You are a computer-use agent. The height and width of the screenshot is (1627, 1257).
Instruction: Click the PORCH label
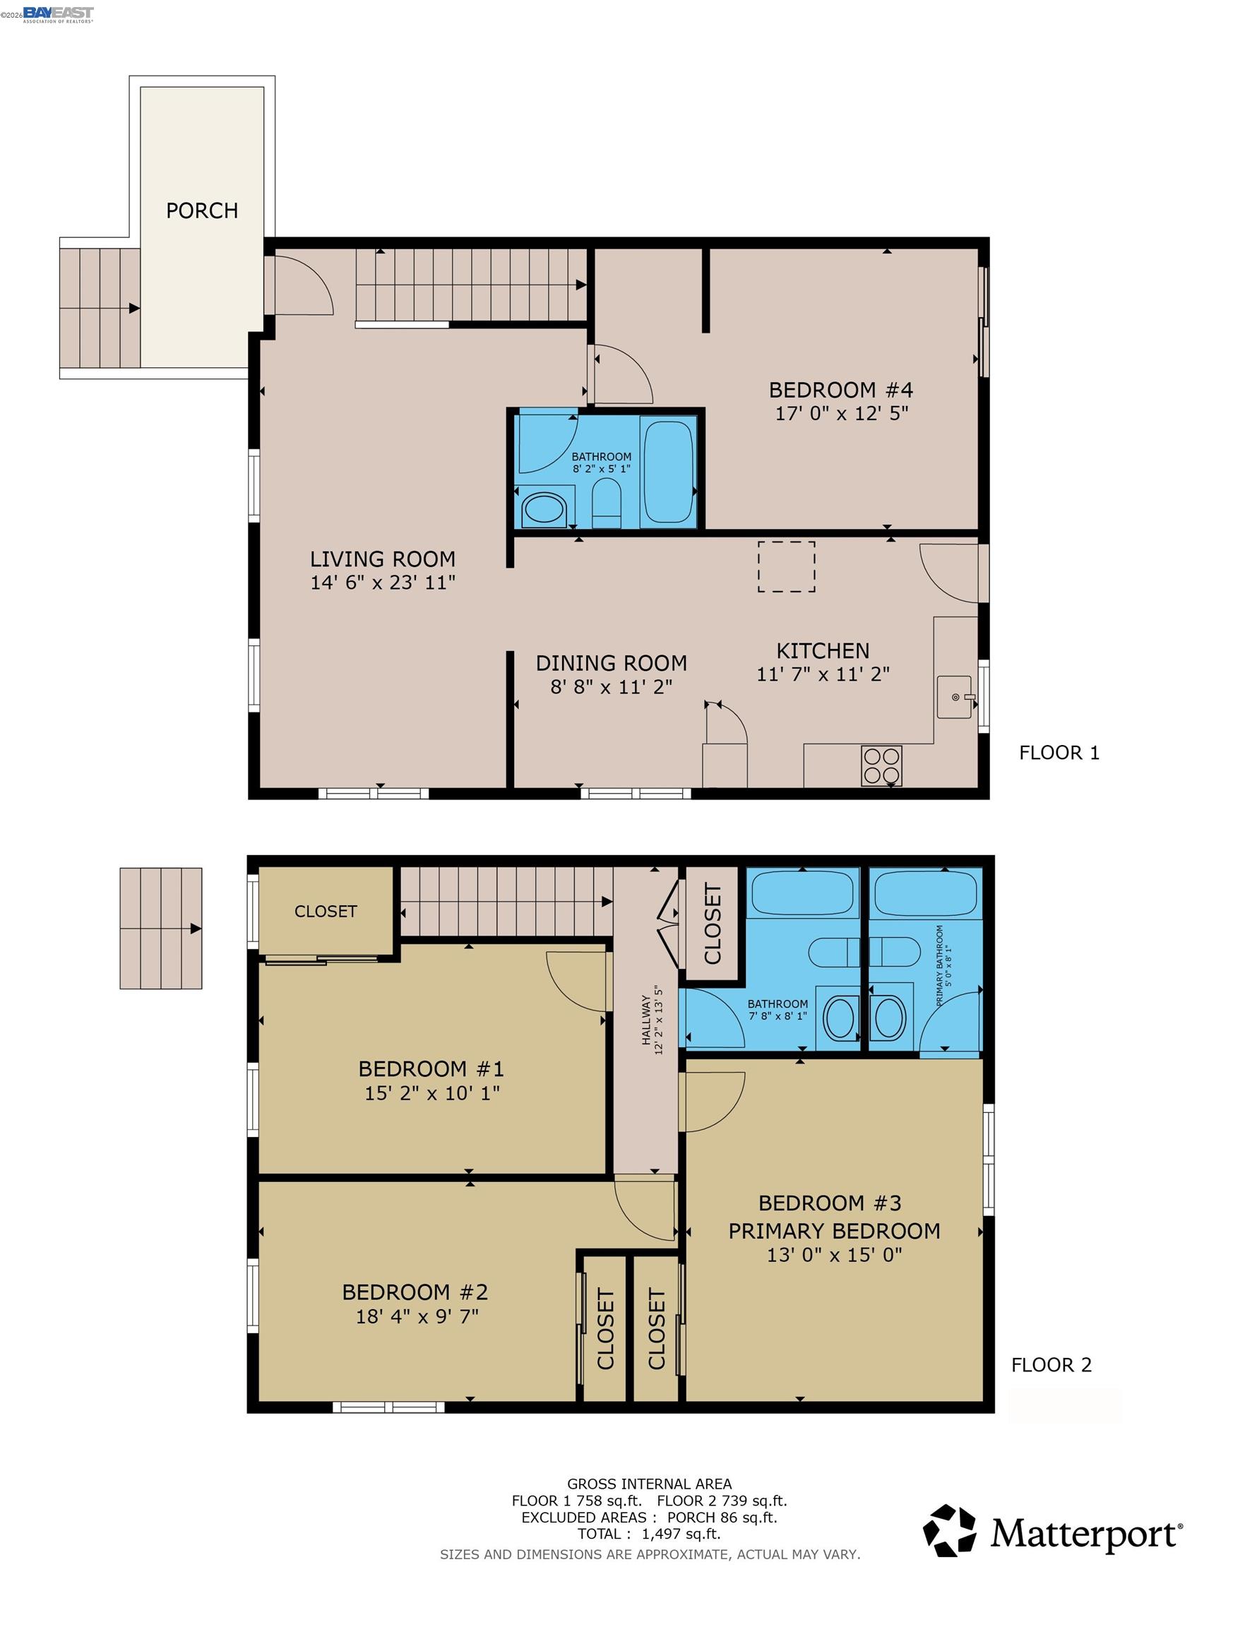(202, 211)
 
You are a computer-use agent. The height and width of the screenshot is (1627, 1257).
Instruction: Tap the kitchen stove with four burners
(881, 765)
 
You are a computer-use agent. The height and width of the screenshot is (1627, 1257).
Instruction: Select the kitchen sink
(955, 697)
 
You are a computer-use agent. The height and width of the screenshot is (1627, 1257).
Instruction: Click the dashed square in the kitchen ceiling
(786, 566)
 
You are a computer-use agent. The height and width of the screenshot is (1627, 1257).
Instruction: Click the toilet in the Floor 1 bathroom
(606, 501)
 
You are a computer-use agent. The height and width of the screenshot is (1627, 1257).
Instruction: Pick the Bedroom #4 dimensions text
(841, 413)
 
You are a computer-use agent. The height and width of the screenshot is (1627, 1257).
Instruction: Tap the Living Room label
(382, 559)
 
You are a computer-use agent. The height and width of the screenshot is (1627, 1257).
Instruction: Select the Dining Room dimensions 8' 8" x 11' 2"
(611, 687)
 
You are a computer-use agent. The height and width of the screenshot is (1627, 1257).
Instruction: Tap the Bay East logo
(58, 14)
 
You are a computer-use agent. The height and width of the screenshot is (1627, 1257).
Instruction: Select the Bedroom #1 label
(431, 1069)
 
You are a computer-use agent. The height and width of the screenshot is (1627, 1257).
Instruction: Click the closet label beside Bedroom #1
(326, 911)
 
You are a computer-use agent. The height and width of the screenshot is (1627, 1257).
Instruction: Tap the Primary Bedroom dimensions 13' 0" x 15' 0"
(835, 1256)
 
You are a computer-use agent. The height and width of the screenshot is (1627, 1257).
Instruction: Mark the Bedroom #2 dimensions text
(417, 1316)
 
